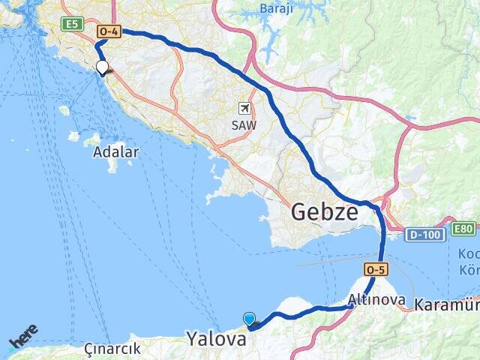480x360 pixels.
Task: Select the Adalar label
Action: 115,152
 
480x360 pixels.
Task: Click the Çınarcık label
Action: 112,349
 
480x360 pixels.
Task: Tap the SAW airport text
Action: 244,125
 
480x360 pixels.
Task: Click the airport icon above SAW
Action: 244,109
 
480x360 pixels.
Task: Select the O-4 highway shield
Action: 108,31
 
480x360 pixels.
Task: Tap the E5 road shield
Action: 71,24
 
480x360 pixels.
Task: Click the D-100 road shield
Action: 423,235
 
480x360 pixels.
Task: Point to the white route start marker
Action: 102,67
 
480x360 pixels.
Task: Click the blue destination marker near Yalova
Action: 250,319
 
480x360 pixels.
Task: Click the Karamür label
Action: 446,304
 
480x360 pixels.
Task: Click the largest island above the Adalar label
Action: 93,140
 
